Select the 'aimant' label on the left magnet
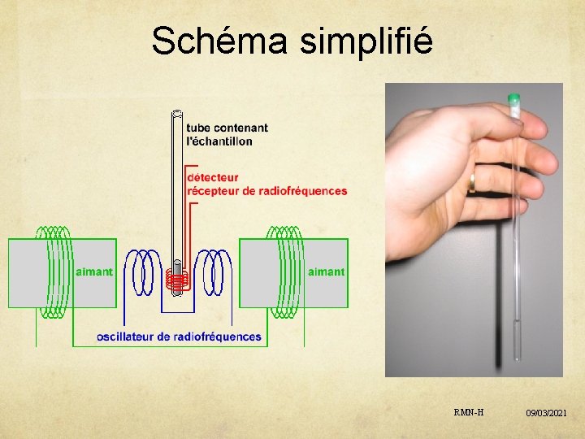pos(93,272)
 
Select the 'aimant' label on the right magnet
pos(326,272)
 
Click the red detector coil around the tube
pos(177,280)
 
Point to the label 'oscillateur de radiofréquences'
pos(179,337)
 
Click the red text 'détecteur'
pos(213,176)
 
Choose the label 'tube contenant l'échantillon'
pos(227,134)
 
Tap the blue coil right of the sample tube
pos(213,272)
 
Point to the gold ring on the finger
pos(471,183)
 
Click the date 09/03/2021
pos(546,414)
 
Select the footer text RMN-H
pos(470,412)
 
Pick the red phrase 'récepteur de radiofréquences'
pos(267,191)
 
